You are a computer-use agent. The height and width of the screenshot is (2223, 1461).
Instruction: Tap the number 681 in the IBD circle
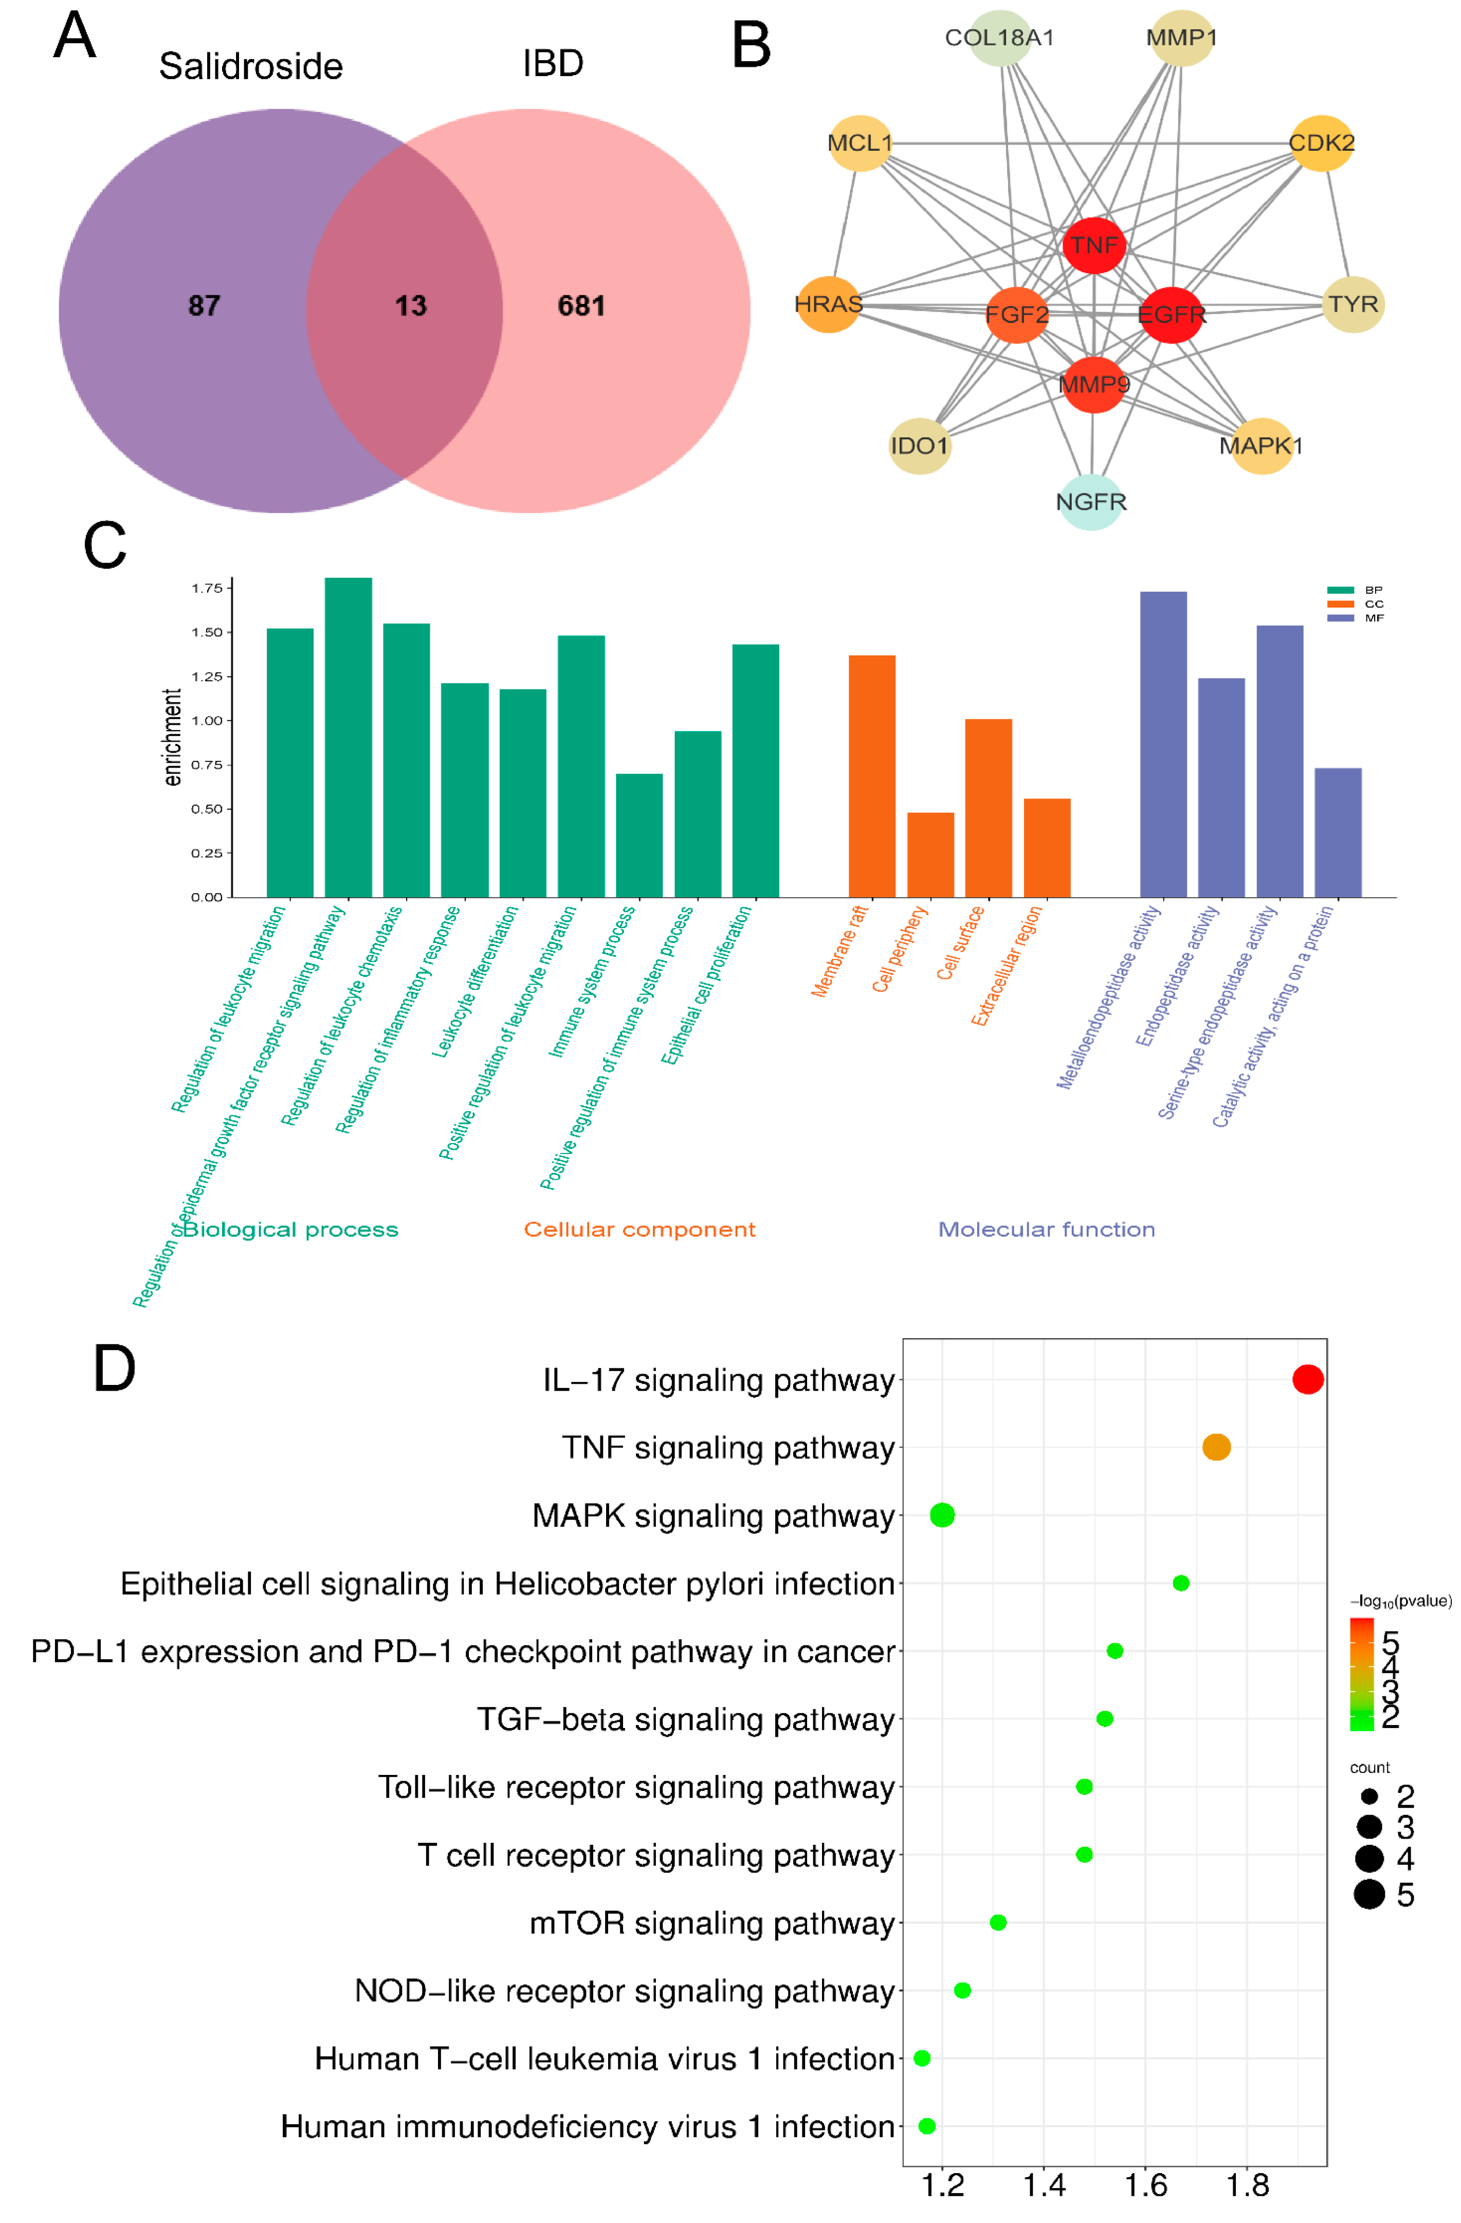coord(581,306)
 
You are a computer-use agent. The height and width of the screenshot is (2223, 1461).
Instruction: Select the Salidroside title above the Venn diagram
coord(250,66)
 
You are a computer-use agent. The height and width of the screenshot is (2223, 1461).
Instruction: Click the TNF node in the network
coord(1093,245)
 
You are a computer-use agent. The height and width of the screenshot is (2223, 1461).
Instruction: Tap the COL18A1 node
coord(999,38)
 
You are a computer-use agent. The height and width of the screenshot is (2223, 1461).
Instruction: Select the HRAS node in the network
coord(828,305)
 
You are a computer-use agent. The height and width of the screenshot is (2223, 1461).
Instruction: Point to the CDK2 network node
coord(1321,143)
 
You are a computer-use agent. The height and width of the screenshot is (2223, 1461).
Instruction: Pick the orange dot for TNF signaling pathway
coord(1215,1447)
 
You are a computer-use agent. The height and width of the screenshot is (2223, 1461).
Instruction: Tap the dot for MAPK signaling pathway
coord(942,1515)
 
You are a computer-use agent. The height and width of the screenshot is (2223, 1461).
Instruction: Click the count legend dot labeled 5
coord(1368,1894)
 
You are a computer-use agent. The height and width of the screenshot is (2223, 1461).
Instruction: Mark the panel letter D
coord(114,1370)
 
